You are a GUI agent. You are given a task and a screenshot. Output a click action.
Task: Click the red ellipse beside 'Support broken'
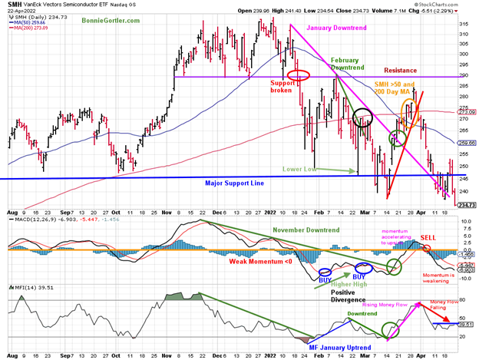coord(299,75)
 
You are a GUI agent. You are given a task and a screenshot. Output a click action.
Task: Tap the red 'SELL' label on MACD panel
coord(428,237)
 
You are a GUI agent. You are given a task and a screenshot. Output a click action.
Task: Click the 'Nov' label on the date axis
coord(167,210)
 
